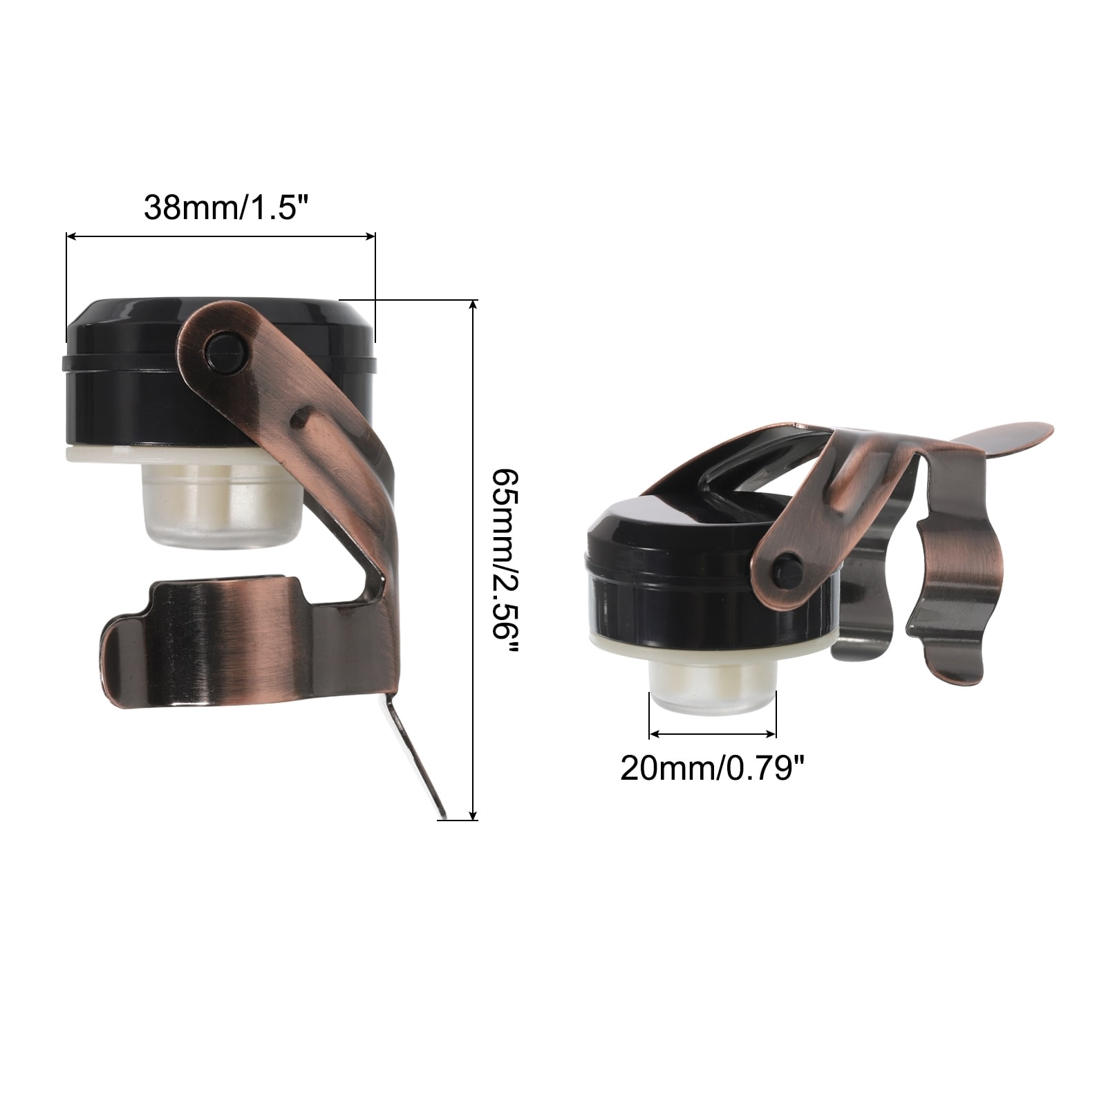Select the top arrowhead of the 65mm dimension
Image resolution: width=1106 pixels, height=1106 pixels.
(474, 306)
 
